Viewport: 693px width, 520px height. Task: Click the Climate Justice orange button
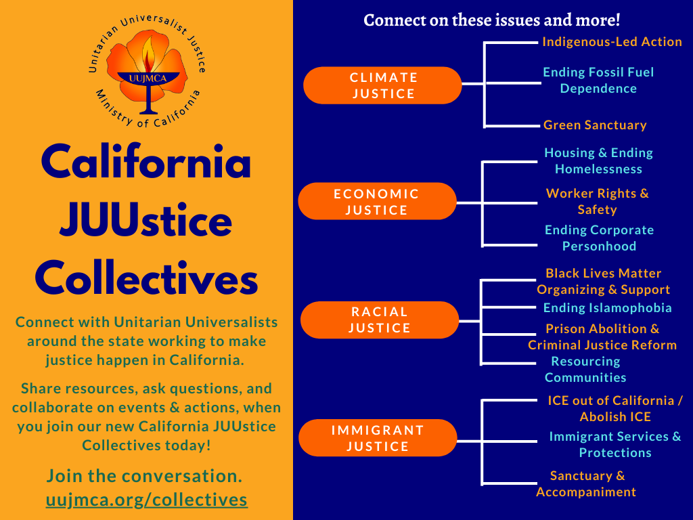pyautogui.click(x=382, y=85)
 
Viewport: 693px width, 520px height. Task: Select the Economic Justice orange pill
pyautogui.click(x=377, y=201)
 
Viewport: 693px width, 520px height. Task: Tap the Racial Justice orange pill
pyautogui.click(x=380, y=320)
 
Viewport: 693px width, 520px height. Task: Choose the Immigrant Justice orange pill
pyautogui.click(x=378, y=438)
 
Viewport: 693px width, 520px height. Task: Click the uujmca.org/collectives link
pyautogui.click(x=147, y=500)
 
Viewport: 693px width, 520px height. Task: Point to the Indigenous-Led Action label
pyautogui.click(x=612, y=41)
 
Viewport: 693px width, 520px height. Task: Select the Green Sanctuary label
pyautogui.click(x=595, y=125)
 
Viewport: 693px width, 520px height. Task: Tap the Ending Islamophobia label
pyautogui.click(x=607, y=308)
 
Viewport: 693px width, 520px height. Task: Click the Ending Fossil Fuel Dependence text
pyautogui.click(x=598, y=80)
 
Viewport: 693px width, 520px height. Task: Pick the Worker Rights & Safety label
pyautogui.click(x=598, y=201)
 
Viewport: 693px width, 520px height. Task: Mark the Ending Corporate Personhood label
pyautogui.click(x=600, y=238)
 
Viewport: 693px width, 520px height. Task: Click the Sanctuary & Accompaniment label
pyautogui.click(x=587, y=483)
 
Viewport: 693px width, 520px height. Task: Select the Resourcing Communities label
pyautogui.click(x=585, y=369)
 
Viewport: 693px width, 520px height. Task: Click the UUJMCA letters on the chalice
pyautogui.click(x=148, y=79)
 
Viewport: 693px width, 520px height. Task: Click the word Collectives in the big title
pyautogui.click(x=146, y=278)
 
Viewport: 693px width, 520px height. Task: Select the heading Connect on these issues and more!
pyautogui.click(x=492, y=20)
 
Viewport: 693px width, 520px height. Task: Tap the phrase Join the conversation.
pyautogui.click(x=145, y=476)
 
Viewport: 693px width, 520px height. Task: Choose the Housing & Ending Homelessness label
pyautogui.click(x=598, y=160)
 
